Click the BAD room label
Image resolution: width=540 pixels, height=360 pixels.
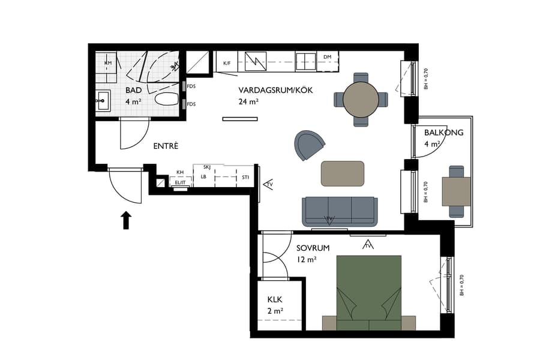(x=133, y=91)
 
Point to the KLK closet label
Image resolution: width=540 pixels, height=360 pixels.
(x=275, y=299)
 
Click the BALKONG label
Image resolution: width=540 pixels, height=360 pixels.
(x=443, y=133)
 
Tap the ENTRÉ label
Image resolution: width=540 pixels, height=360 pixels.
(x=166, y=146)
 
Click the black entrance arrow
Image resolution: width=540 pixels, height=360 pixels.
(x=126, y=220)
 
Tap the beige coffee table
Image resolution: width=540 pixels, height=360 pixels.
(x=343, y=173)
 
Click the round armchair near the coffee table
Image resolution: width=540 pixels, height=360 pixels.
(x=309, y=145)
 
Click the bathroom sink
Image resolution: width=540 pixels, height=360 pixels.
(x=103, y=100)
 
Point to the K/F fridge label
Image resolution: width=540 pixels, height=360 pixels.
(x=227, y=62)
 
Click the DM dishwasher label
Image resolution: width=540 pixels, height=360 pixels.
(x=327, y=57)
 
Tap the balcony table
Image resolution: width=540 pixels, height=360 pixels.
(x=456, y=191)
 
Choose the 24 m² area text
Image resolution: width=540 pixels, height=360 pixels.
(x=248, y=101)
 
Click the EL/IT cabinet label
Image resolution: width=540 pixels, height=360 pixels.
(x=179, y=183)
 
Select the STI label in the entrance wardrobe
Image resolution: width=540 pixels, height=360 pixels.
(x=245, y=178)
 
